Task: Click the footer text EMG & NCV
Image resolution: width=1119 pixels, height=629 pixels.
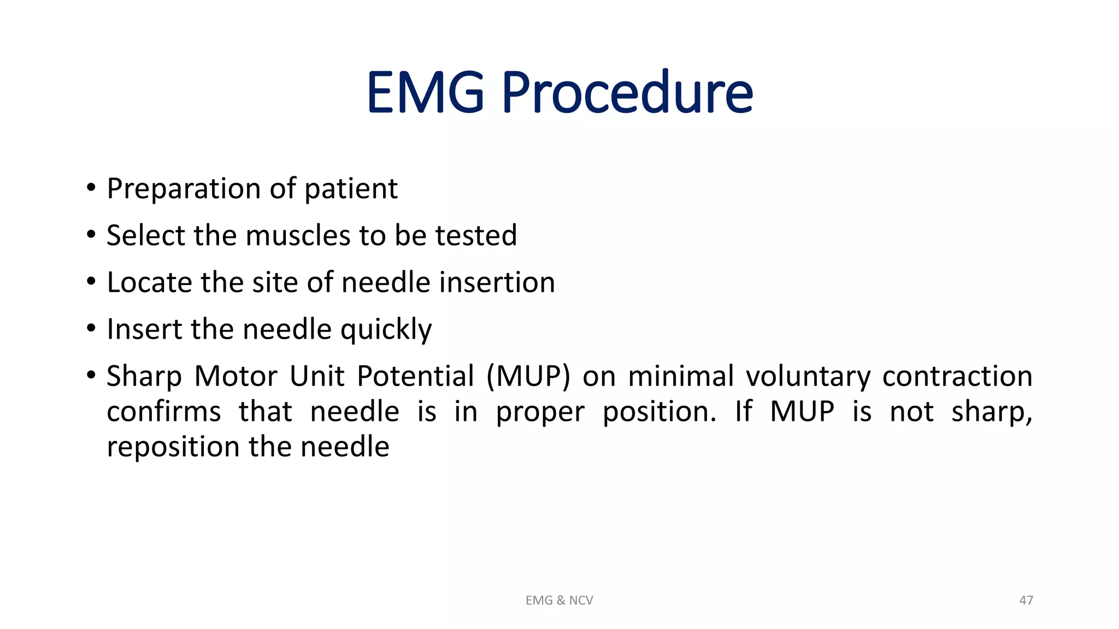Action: (559, 601)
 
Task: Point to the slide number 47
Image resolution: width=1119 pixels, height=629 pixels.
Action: (1026, 601)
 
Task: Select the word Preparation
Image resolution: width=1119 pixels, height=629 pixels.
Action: (184, 189)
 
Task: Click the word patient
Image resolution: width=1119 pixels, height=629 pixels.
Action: (351, 189)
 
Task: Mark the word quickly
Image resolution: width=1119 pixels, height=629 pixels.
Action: (386, 330)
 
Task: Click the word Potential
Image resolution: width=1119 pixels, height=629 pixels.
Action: (415, 377)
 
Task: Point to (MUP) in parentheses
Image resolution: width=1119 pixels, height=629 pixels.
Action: (528, 377)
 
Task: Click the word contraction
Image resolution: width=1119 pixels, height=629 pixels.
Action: (957, 377)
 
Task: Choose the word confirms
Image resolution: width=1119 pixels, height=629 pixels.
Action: (164, 412)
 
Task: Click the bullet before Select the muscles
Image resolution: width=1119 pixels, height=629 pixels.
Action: (91, 235)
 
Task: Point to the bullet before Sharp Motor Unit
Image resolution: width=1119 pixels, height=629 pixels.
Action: (91, 376)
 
